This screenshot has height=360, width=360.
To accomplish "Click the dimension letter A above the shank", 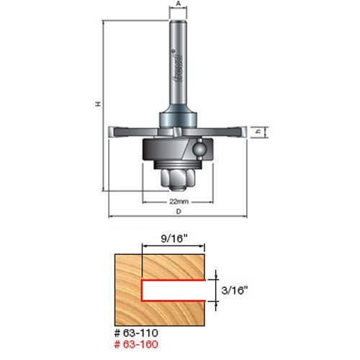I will click(x=178, y=4).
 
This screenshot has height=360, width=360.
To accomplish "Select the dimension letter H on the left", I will click(x=99, y=105).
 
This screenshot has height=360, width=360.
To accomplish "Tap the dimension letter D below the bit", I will click(x=178, y=211).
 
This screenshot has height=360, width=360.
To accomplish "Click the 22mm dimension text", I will click(x=179, y=199).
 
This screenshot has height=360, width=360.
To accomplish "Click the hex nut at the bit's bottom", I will click(x=178, y=177).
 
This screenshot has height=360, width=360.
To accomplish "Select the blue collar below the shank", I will click(x=178, y=114).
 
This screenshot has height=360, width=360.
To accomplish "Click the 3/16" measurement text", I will click(x=238, y=291).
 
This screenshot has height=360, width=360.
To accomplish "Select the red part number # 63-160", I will click(x=137, y=345).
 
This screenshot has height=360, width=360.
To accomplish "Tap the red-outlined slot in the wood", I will click(x=173, y=291).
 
